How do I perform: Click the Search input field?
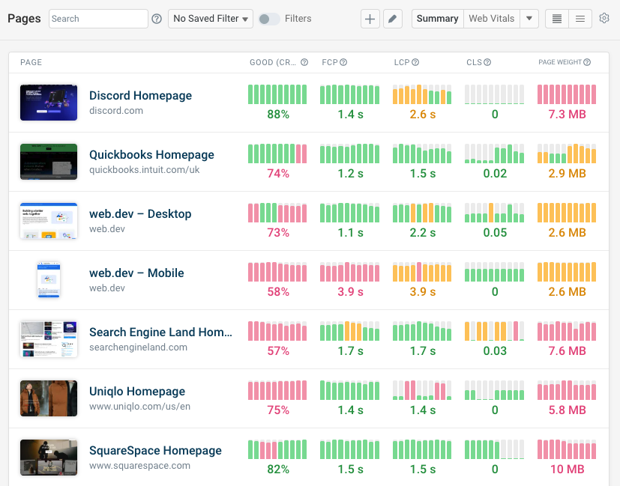(x=98, y=19)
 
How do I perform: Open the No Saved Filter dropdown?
(x=211, y=19)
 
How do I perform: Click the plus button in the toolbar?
(x=370, y=19)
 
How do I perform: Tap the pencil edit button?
(x=393, y=19)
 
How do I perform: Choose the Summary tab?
(x=437, y=19)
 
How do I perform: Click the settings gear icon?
(x=604, y=19)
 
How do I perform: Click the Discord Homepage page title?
(x=140, y=96)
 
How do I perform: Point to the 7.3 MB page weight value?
(x=567, y=115)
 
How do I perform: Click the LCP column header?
(x=402, y=62)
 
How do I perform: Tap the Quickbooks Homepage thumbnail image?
(x=49, y=162)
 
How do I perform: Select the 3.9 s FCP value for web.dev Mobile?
(x=350, y=292)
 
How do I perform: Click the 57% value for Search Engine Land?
(x=277, y=351)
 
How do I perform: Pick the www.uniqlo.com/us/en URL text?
(x=139, y=407)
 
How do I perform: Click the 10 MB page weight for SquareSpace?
(x=567, y=470)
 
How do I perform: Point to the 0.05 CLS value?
(x=495, y=233)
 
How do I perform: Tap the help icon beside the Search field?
(x=157, y=19)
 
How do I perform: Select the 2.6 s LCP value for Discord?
(x=423, y=115)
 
